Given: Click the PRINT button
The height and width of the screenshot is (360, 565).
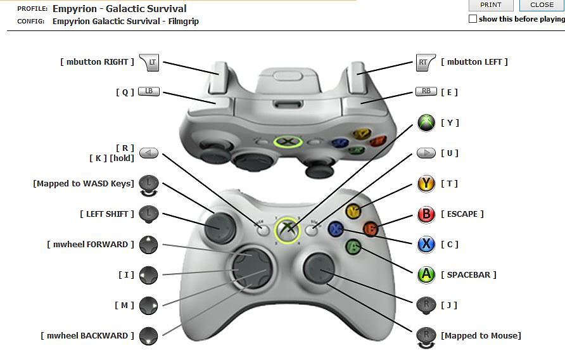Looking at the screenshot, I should pos(491,5).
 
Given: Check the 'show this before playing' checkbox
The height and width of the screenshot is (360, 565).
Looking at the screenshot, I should pos(473,19).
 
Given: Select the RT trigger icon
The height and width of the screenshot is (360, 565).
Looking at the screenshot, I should pos(424,62).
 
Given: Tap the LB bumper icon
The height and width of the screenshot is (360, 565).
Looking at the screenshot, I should pos(149,92).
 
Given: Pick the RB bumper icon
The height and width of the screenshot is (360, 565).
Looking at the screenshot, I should pos(426,92).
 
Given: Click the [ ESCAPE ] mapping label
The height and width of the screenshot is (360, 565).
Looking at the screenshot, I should pos(462,214).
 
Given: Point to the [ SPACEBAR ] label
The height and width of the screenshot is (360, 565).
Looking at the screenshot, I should pos(468,275).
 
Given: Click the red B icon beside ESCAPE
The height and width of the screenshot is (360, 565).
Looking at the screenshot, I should pos(426,214).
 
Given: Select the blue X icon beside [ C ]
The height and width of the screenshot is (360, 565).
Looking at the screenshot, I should pos(426,245).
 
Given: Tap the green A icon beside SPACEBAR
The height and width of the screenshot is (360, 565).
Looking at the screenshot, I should pos(426,275).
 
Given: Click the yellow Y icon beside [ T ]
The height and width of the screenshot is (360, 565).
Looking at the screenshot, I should pos(426,184).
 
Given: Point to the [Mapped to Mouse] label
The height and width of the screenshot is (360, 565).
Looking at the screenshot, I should pos(481,336).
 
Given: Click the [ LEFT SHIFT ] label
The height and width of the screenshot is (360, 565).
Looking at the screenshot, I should pos(107,214).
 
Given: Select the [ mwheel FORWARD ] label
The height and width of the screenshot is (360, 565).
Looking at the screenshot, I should pos(91,245).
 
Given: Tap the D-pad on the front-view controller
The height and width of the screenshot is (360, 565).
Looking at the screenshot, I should pos(251,269).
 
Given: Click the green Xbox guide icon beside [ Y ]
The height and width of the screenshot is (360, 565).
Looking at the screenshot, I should pos(426,123).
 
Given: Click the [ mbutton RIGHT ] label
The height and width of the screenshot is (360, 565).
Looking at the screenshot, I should pos(98,62).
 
